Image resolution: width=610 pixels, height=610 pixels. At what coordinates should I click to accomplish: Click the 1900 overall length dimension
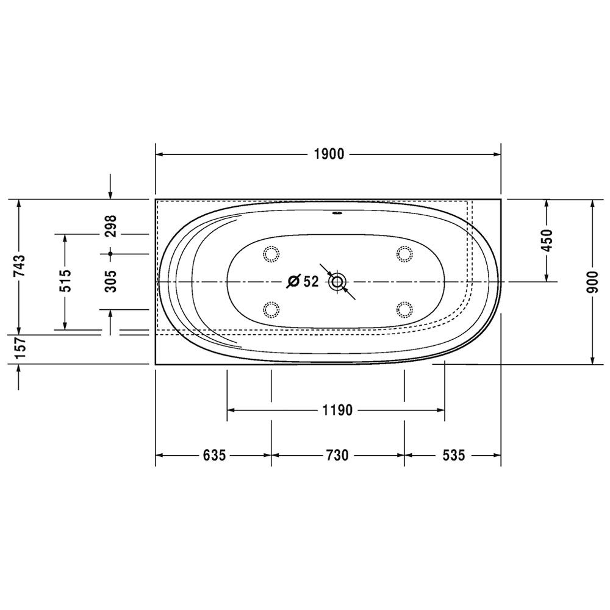point(329,154)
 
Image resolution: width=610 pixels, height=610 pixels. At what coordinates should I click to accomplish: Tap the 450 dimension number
point(547,240)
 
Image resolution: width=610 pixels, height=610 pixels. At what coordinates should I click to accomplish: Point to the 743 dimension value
point(19,265)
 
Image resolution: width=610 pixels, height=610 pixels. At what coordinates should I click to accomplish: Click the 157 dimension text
point(19,348)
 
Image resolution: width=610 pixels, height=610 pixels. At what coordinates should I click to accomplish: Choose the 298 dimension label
point(110,226)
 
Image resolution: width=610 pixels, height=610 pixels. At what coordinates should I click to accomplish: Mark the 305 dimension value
point(110,281)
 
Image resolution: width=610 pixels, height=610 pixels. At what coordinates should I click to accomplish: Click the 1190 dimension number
point(337,410)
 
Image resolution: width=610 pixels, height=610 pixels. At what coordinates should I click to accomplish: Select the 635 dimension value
point(214,455)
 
